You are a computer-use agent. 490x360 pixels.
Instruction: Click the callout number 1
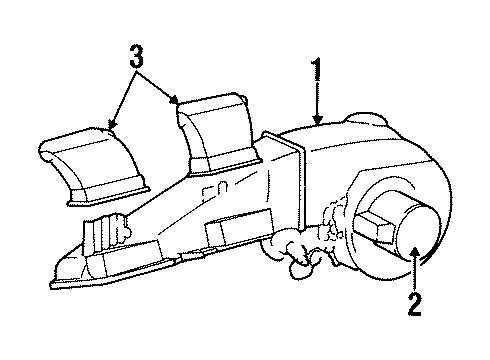coord(319,72)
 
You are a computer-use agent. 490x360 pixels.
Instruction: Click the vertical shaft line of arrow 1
coord(318,100)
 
